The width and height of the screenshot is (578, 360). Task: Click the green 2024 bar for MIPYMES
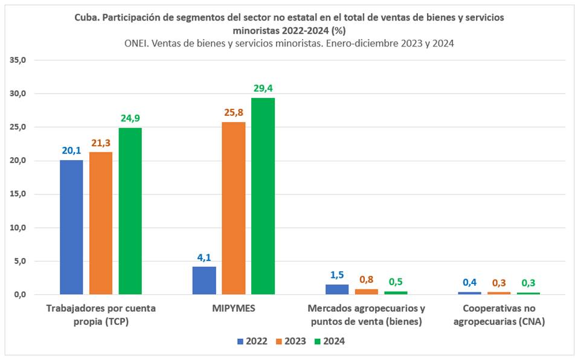[263, 196]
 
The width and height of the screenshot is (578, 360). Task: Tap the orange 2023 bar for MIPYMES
[233, 208]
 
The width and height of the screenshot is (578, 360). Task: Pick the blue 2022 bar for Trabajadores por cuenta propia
[71, 227]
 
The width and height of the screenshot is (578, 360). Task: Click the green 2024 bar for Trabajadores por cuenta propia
[130, 211]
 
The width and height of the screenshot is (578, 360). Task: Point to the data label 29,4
[263, 88]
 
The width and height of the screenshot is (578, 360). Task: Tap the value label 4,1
[204, 257]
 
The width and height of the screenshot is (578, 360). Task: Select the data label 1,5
[336, 275]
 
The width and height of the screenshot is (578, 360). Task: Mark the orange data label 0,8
[366, 280]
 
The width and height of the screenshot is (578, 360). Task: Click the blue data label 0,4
[469, 282]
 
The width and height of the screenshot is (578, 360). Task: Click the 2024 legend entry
[329, 341]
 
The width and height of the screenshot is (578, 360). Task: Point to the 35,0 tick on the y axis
[19, 60]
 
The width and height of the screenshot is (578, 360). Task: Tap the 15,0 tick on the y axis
[19, 194]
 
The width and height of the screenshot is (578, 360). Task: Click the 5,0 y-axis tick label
[21, 261]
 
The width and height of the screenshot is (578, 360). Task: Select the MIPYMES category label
[234, 309]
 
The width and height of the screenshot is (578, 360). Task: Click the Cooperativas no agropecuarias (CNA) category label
[499, 315]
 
